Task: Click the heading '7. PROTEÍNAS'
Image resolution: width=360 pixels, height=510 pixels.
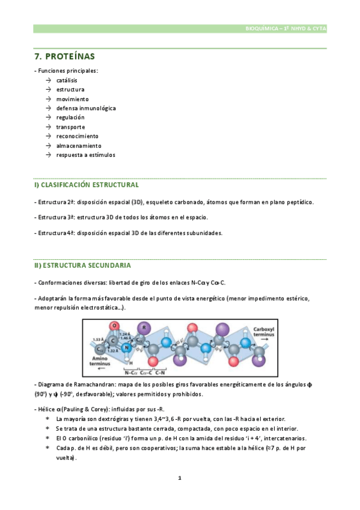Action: click(64, 57)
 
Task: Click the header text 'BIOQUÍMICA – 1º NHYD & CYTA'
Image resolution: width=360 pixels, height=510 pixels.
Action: click(286, 28)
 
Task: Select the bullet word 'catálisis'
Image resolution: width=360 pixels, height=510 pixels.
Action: click(66, 80)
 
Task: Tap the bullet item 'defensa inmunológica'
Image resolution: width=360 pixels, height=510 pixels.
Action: click(86, 108)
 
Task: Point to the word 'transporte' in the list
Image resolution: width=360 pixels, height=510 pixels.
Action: click(70, 127)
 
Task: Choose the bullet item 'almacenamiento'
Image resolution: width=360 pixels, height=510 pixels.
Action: click(79, 146)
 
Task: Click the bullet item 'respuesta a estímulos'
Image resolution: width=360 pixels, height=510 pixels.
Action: click(85, 155)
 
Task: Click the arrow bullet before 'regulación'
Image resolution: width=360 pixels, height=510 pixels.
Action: click(47, 118)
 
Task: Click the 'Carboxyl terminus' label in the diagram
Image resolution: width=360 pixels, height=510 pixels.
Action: click(263, 333)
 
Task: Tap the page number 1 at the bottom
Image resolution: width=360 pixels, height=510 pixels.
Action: click(179, 478)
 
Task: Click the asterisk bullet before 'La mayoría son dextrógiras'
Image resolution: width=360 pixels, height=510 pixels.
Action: click(47, 419)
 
